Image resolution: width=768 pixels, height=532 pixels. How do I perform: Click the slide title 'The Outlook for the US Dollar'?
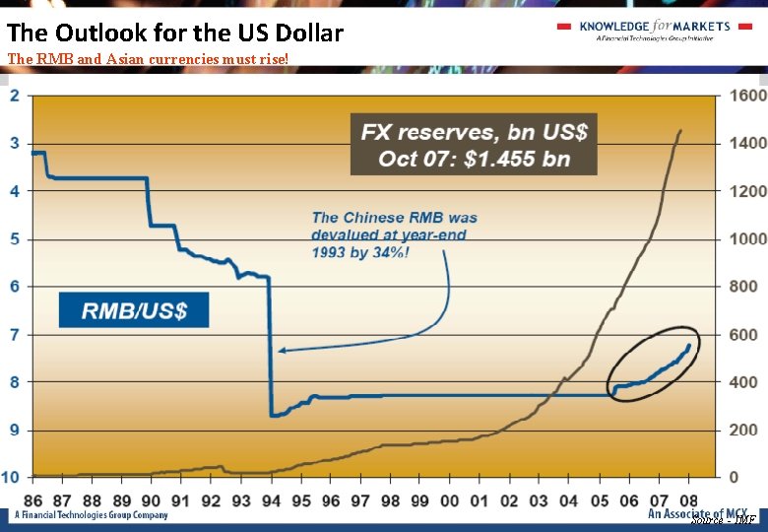pyautogui.click(x=175, y=33)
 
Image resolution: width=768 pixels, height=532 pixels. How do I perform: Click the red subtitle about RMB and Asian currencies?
pyautogui.click(x=149, y=59)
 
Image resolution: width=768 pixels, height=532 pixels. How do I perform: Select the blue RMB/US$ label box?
pyautogui.click(x=135, y=311)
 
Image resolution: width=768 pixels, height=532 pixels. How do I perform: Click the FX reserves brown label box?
pyautogui.click(x=474, y=145)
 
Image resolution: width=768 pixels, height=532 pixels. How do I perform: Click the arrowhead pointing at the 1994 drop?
pyautogui.click(x=283, y=350)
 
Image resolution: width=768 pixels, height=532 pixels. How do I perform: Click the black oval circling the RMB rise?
pyautogui.click(x=653, y=363)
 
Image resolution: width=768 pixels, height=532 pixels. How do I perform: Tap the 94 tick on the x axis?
pyautogui.click(x=270, y=500)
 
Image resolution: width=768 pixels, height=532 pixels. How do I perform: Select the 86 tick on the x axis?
pyautogui.click(x=33, y=500)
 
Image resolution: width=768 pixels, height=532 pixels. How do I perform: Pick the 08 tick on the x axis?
pyautogui.click(x=688, y=500)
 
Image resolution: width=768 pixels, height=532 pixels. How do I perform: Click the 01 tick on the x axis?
pyautogui.click(x=480, y=500)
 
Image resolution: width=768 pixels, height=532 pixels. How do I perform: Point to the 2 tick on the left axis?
pyautogui.click(x=15, y=96)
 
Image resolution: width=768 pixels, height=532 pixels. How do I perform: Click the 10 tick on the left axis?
pyautogui.click(x=11, y=477)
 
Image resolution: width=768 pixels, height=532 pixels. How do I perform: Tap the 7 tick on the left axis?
pyautogui.click(x=15, y=335)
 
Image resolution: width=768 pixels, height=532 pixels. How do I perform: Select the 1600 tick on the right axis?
pyautogui.click(x=747, y=96)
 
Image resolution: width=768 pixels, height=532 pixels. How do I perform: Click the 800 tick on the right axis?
pyautogui.click(x=743, y=287)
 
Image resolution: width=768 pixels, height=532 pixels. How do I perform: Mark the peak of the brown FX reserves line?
pyautogui.click(x=679, y=130)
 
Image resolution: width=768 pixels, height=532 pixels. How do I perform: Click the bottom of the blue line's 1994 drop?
pyautogui.click(x=272, y=416)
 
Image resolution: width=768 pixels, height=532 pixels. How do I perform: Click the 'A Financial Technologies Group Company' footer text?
pyautogui.click(x=89, y=515)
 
